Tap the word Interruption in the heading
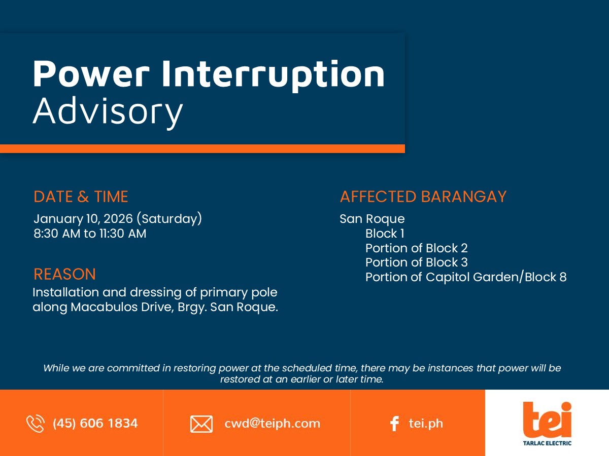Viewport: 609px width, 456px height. pos(273,75)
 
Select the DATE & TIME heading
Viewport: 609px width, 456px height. pos(81,197)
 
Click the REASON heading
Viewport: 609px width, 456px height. pos(64,274)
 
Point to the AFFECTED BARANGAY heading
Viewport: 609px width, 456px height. pos(423,197)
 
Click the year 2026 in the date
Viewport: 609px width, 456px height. pos(118,219)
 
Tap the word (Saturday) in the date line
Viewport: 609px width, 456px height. pos(169,219)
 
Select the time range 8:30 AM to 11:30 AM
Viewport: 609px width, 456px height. pos(90,234)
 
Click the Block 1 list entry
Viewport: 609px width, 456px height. pos(385,234)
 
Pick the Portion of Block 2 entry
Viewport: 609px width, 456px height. pos(417,248)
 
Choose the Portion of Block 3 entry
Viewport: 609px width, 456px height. pos(417,262)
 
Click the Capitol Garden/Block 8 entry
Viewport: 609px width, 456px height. pos(496,277)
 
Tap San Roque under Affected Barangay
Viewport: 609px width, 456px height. pos(372,219)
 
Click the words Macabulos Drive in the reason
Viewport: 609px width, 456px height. pos(122,307)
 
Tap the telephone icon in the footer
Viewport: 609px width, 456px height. pos(35,424)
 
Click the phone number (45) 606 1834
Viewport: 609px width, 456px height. pos(95,424)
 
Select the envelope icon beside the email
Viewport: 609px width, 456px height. pos(201,424)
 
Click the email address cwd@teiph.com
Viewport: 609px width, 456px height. pos(272,424)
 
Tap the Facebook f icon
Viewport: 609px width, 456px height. pos(394,424)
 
